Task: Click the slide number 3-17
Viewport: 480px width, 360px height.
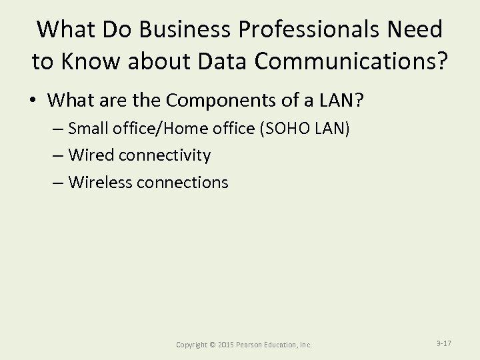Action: click(443, 343)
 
